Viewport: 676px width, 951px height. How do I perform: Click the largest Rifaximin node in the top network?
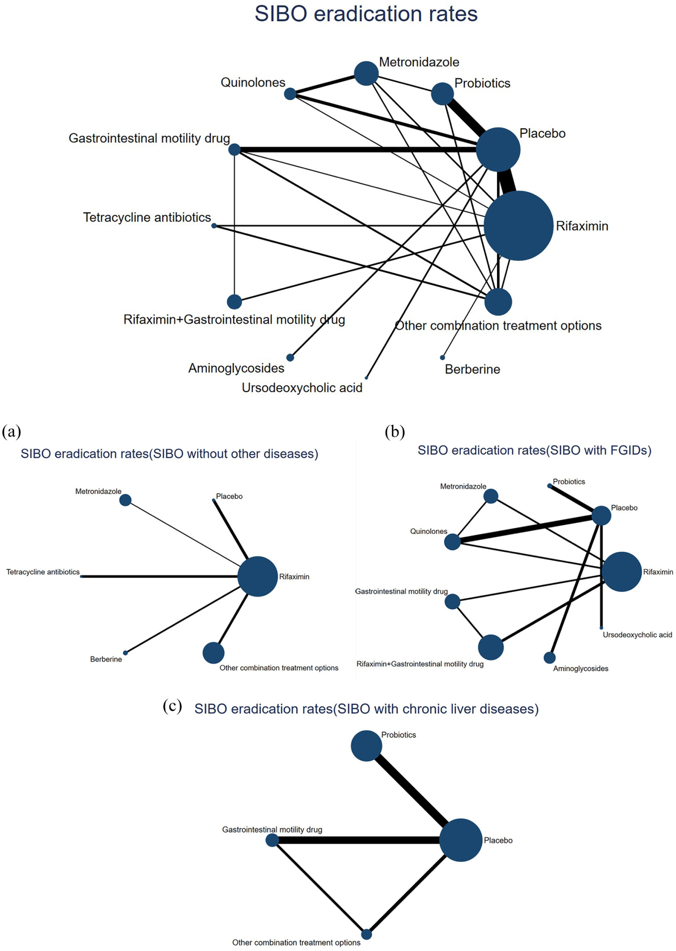pos(518,226)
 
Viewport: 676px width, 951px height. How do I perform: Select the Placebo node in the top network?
pos(498,149)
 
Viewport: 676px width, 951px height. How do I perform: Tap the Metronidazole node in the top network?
pos(366,73)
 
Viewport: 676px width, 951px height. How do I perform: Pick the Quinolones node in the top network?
pos(290,94)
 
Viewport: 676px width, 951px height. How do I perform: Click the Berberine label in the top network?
pos(472,369)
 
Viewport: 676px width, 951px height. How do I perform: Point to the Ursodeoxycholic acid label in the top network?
pos(302,388)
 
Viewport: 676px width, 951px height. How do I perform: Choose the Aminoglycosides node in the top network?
pos(290,357)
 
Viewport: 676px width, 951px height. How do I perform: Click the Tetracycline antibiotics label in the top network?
pos(147,217)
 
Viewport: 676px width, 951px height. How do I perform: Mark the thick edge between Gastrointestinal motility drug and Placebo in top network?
pos(355,150)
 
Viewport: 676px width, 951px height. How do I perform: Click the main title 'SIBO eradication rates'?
pos(366,14)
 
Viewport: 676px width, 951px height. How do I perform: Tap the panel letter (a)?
pos(12,432)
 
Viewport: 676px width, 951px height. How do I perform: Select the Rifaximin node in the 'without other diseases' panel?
pos(257,577)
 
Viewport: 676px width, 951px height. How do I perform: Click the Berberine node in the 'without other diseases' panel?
pos(125,653)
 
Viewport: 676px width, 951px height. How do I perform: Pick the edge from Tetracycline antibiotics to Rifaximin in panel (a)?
pos(160,577)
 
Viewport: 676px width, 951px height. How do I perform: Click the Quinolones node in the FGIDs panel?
pos(452,542)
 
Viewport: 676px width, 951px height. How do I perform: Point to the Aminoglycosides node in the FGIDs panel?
pos(549,658)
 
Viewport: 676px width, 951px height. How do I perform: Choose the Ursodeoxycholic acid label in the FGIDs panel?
pos(637,635)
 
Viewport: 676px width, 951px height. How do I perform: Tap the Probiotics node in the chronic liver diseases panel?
pos(366,746)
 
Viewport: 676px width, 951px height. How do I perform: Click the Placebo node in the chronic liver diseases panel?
pos(461,840)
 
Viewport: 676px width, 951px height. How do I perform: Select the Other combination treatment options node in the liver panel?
pos(367,934)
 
